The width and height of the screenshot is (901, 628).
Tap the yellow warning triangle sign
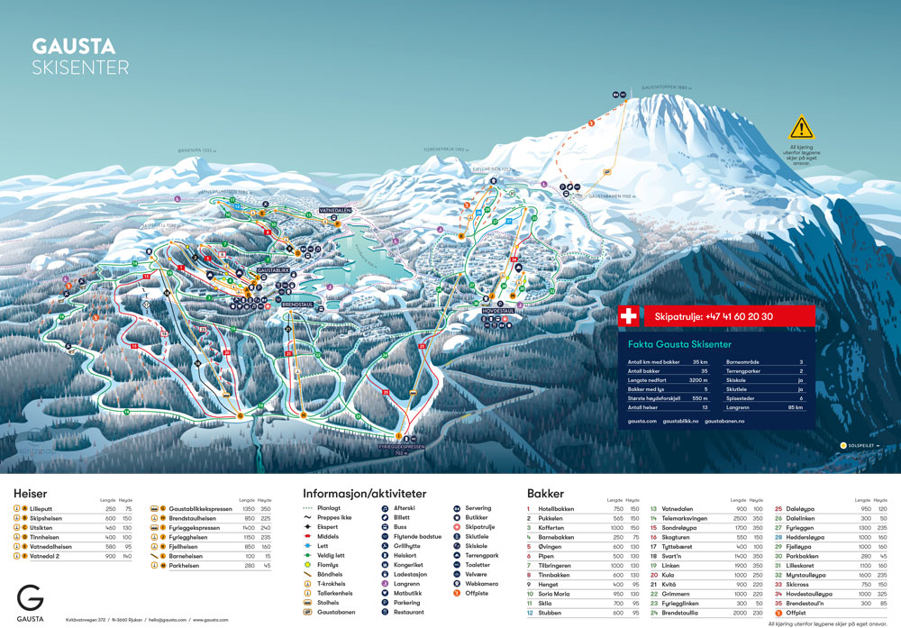801,127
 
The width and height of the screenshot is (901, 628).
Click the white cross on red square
629,316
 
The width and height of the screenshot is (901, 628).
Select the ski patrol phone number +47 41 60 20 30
714,316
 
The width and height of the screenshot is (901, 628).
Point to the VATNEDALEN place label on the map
334,209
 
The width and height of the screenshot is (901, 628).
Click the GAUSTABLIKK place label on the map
273,269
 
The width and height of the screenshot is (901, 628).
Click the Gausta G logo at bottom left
30,597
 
